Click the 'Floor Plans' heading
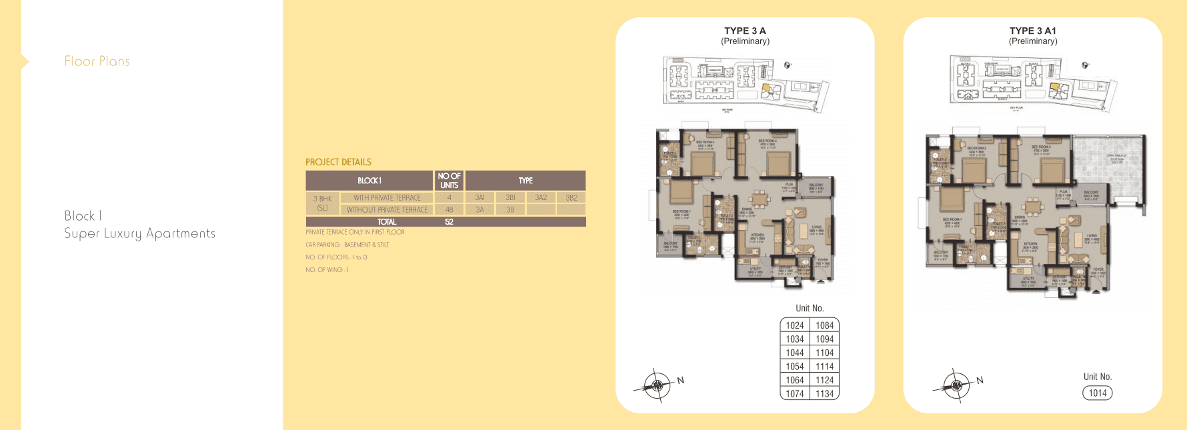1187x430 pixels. pos(97,61)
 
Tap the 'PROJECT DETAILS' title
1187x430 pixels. pos(338,162)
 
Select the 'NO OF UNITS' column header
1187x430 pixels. pos(449,181)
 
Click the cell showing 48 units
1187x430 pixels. pos(449,209)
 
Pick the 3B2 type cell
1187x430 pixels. pos(571,198)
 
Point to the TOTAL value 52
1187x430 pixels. pos(449,222)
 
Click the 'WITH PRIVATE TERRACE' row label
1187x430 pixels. pos(387,198)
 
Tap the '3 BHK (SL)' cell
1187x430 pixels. pos(323,203)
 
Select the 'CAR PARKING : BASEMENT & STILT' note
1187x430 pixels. pos(347,245)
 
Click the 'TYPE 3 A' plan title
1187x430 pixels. pos(745,31)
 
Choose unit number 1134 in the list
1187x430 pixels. pos(824,394)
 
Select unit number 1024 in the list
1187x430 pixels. pos(794,325)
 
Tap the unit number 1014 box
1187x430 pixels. pos(1097,393)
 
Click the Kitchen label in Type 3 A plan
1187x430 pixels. pos(758,237)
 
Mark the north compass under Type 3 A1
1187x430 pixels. pos(957,385)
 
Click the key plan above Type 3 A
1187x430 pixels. pos(746,82)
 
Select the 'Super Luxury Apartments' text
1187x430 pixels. pos(139,233)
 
